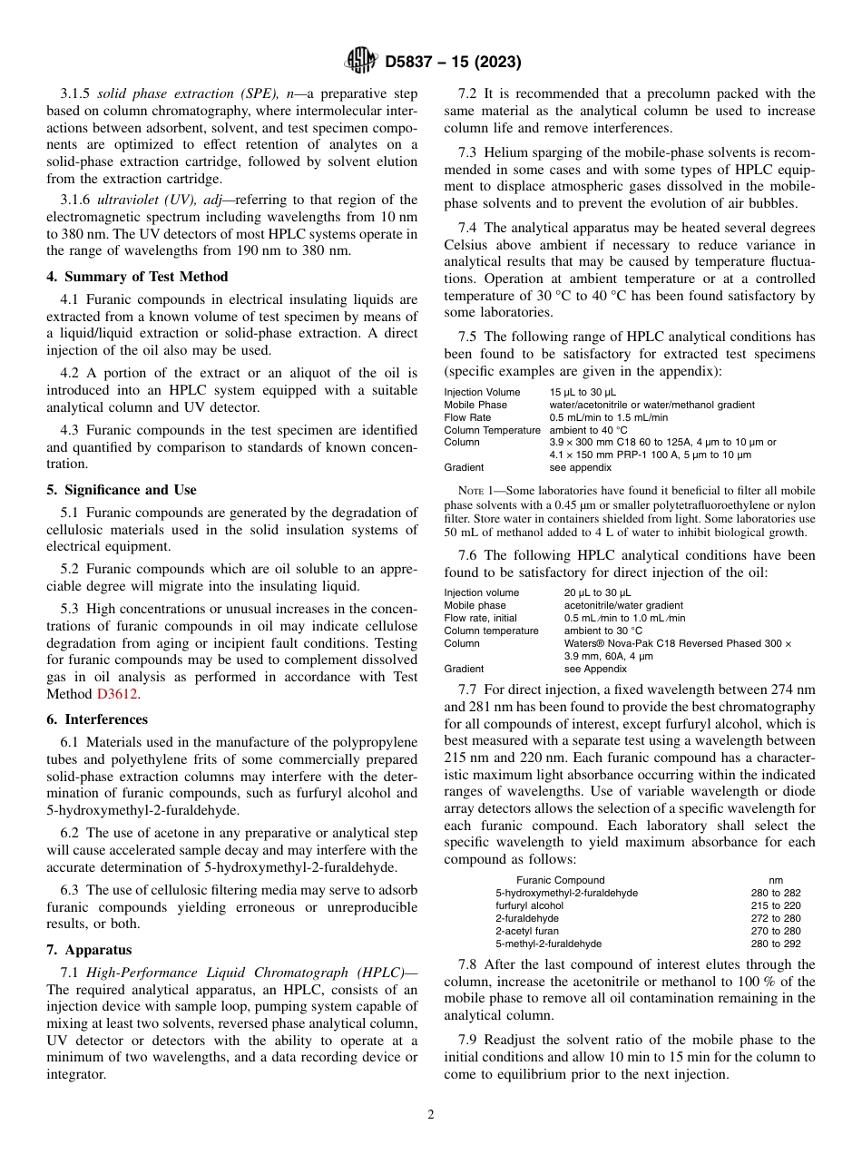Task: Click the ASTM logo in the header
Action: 362,62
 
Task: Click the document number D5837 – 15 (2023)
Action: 453,63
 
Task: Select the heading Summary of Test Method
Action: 137,277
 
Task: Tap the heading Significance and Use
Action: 122,490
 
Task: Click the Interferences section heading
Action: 97,719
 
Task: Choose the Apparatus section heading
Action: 89,950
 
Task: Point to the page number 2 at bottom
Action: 431,1115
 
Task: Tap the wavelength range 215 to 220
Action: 776,905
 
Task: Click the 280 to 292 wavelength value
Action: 776,944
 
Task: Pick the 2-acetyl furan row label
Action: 527,931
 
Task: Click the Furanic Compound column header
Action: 560,880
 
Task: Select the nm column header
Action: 776,880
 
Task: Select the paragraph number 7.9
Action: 472,1040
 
